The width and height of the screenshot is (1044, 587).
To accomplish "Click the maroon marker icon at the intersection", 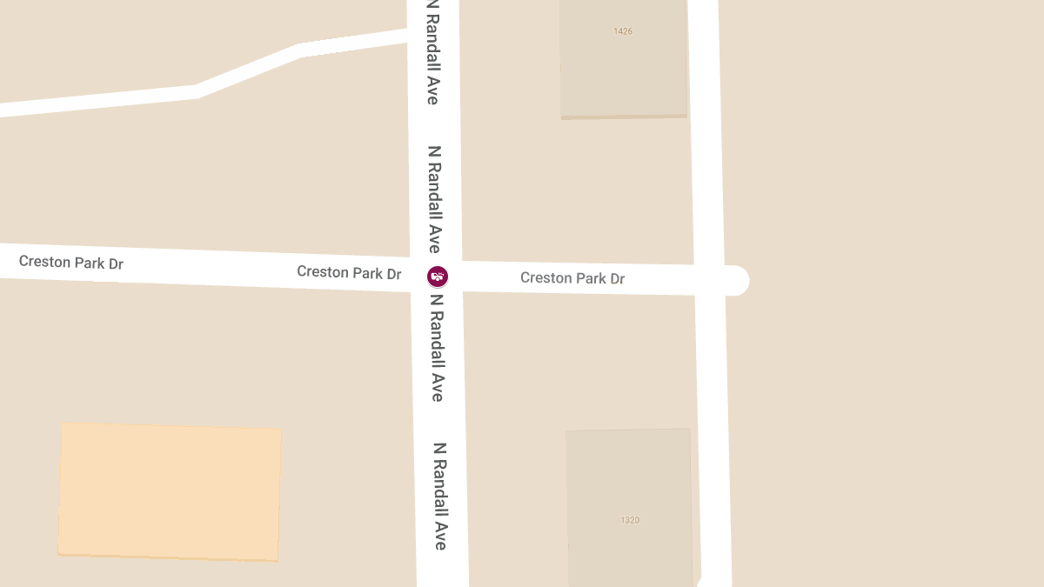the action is pyautogui.click(x=438, y=277).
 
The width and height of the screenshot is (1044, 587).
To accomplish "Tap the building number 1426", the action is pyautogui.click(x=623, y=31).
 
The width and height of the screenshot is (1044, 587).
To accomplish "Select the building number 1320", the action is pyautogui.click(x=630, y=520).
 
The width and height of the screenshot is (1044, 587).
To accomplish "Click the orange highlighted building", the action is pyautogui.click(x=170, y=491).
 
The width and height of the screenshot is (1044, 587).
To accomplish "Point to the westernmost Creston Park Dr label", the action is pyautogui.click(x=70, y=262).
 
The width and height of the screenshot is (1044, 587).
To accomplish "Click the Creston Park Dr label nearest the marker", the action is pyautogui.click(x=349, y=272).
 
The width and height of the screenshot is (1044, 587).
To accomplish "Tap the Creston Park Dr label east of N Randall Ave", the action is pyautogui.click(x=572, y=278).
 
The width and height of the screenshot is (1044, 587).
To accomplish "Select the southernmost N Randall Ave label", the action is pyautogui.click(x=440, y=496).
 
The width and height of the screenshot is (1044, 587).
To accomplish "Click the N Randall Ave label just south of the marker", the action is pyautogui.click(x=437, y=348).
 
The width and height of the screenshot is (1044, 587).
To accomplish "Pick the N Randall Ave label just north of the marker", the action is pyautogui.click(x=434, y=198).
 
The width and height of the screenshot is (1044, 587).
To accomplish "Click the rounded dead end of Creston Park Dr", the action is pyautogui.click(x=736, y=280).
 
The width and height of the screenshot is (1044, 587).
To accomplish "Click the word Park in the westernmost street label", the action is pyautogui.click(x=90, y=262).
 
